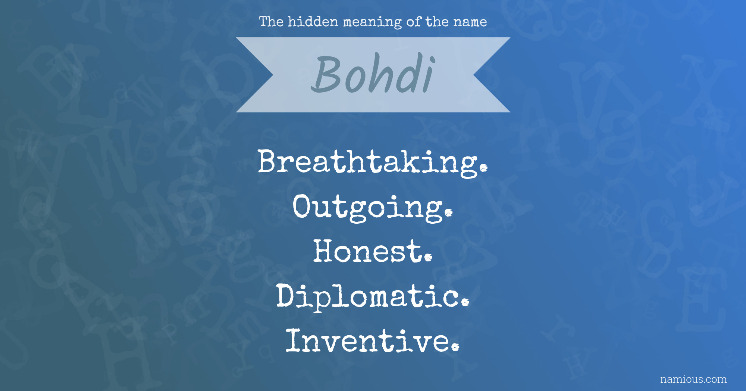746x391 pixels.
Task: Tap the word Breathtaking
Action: pyautogui.click(x=373, y=162)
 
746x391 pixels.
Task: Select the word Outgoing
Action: pyautogui.click(x=373, y=207)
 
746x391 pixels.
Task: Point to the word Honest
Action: pyautogui.click(x=373, y=251)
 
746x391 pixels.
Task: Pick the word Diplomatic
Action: pyautogui.click(x=373, y=297)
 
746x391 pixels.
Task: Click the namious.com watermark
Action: pyautogui.click(x=693, y=379)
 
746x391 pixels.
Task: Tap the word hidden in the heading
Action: pyautogui.click(x=313, y=22)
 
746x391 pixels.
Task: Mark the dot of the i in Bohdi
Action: pyautogui.click(x=432, y=60)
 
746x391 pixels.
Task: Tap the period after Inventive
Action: pyautogui.click(x=455, y=347)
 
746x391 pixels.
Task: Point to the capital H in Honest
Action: pyautogui.click(x=326, y=251)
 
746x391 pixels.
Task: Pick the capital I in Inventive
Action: pyautogui.click(x=294, y=340)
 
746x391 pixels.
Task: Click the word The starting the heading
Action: pyautogui.click(x=272, y=22)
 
